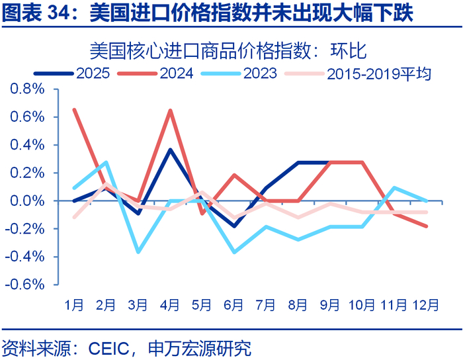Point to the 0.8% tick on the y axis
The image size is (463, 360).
26,89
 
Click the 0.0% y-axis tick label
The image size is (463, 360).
26,201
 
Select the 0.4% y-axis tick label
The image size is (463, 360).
26,145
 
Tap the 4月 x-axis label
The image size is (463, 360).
170,306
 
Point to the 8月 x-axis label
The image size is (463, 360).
298,306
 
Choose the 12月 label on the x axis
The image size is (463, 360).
425,306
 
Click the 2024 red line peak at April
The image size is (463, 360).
170,110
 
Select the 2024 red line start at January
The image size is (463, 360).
73,109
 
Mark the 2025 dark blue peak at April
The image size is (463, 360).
170,150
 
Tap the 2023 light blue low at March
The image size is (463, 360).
138,252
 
